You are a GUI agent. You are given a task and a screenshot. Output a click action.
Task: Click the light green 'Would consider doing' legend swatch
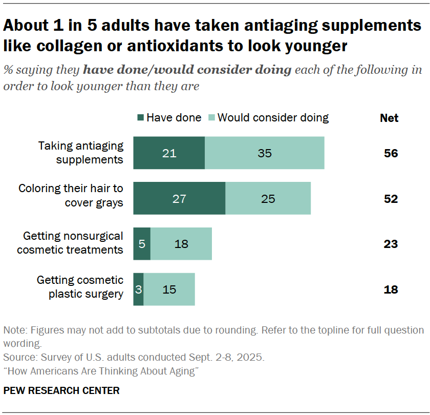211,118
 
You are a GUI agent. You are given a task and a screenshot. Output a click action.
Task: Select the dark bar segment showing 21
169,153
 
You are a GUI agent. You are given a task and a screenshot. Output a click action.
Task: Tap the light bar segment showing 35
265,153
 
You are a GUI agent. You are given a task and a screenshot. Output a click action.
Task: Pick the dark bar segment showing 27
179,198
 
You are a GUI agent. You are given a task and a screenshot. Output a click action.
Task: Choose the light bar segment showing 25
268,198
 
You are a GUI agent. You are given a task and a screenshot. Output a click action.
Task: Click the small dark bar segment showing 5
142,244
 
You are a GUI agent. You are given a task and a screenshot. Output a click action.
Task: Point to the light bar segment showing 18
181,244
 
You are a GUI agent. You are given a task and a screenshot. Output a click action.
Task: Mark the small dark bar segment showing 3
138,289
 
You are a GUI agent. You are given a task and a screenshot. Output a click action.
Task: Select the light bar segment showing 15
169,289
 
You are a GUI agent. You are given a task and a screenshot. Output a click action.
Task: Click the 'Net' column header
389,118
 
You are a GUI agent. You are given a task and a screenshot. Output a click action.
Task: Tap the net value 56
391,153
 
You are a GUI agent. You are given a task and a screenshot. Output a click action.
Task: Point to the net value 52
391,199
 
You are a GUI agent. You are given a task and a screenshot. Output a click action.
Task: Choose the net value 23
391,244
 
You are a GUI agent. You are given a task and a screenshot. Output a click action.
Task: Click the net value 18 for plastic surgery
391,290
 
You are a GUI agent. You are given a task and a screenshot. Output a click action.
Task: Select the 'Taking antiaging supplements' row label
81,153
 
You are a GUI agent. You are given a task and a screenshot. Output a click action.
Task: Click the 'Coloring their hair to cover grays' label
71,195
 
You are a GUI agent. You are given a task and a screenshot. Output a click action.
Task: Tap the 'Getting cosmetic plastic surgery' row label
80,287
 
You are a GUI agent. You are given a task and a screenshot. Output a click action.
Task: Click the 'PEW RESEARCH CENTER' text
61,390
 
